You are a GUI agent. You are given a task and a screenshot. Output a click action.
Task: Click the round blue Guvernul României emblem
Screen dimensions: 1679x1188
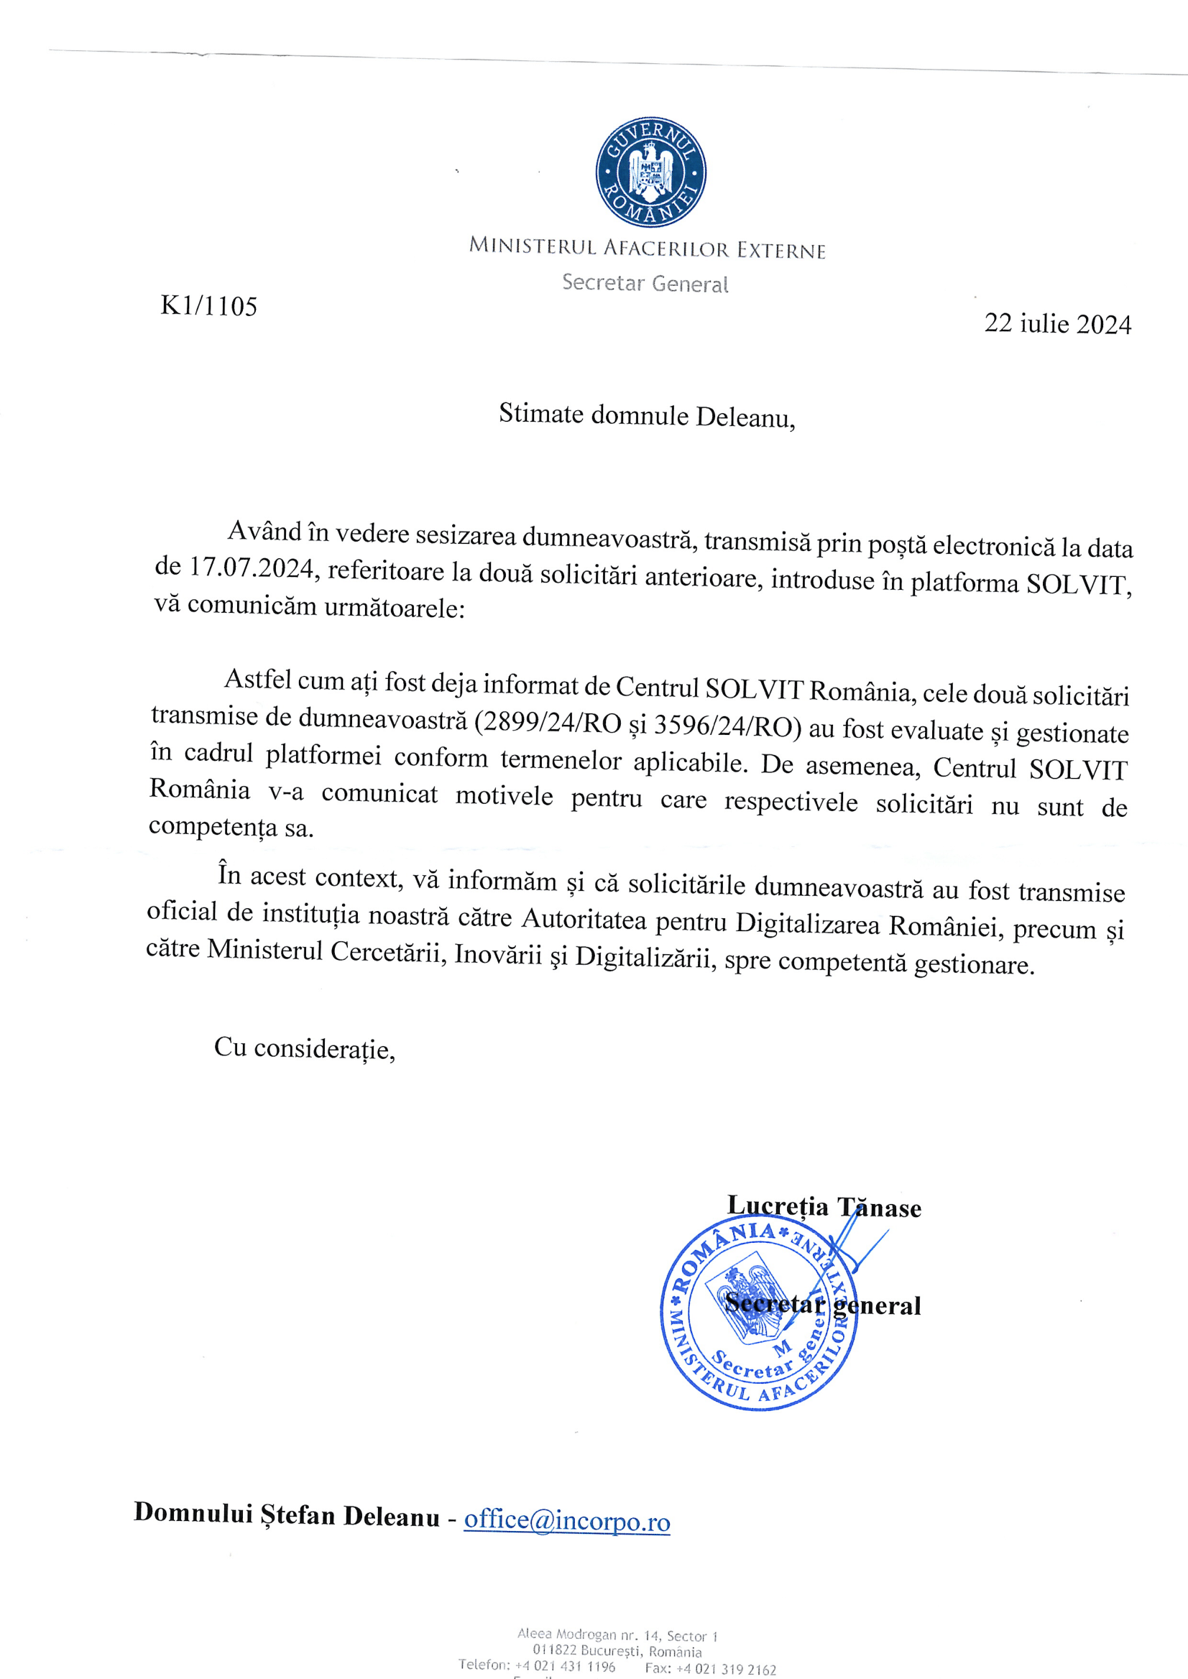click(650, 172)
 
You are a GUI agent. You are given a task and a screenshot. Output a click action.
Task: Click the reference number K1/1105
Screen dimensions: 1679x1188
click(208, 305)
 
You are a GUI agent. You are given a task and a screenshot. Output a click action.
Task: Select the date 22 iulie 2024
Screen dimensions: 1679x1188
click(1057, 323)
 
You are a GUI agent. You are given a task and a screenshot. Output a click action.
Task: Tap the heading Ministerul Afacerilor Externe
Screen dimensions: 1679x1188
click(647, 248)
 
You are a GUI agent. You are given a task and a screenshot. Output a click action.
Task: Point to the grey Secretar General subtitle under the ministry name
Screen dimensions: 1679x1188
click(645, 283)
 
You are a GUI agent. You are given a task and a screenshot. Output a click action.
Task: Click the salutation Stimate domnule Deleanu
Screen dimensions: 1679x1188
click(647, 415)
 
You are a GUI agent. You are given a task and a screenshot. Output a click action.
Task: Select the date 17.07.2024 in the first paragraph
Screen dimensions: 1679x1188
click(252, 568)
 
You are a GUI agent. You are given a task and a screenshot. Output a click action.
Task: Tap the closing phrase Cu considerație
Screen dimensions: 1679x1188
click(304, 1049)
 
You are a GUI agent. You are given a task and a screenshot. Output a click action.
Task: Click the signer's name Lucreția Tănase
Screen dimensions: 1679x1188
click(824, 1206)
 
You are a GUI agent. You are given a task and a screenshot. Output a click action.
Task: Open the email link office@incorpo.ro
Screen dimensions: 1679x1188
click(567, 1520)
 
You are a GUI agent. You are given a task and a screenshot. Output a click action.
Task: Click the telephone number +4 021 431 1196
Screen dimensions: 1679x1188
click(565, 1666)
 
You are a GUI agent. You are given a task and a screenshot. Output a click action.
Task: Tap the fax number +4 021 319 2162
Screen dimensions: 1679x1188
click(726, 1669)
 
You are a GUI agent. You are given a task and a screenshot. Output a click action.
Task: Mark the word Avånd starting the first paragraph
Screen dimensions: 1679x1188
click(264, 531)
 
